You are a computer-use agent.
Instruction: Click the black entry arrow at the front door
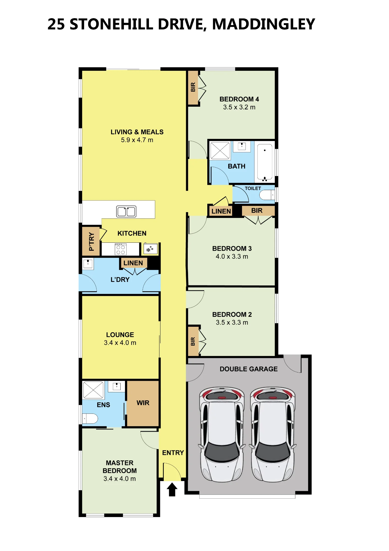[x=172, y=489]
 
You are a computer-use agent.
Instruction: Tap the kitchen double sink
[x=126, y=211]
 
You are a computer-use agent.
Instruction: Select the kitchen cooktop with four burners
[x=121, y=249]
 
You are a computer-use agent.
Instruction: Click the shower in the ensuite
[x=93, y=390]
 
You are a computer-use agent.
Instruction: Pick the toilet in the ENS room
[x=90, y=418]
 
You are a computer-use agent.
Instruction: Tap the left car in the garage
[x=222, y=434]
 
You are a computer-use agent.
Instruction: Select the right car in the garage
[x=273, y=434]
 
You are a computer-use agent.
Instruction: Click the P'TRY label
[x=91, y=241]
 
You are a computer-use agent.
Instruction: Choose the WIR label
[x=143, y=403]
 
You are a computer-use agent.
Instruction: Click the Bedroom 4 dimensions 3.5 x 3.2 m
[x=239, y=107]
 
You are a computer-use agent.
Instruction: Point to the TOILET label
[x=253, y=188]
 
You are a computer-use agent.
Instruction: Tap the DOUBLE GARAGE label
[x=249, y=369]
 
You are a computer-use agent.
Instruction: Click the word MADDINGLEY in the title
[x=263, y=24]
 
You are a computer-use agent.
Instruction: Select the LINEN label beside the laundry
[x=133, y=263]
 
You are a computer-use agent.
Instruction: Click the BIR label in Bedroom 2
[x=193, y=341]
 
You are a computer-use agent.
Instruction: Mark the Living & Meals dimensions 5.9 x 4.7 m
[x=137, y=140]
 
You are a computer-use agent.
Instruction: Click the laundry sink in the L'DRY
[x=88, y=264]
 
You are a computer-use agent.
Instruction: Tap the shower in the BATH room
[x=220, y=151]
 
